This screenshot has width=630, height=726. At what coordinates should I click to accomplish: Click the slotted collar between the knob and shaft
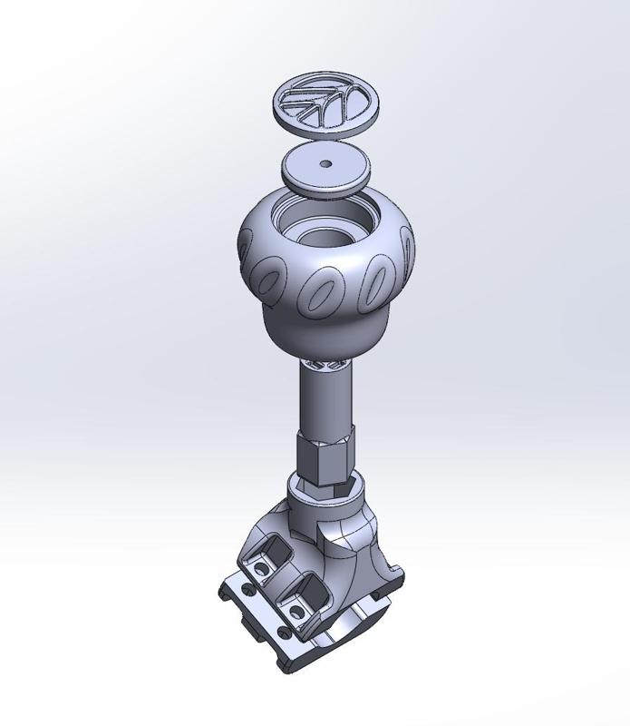[325, 364]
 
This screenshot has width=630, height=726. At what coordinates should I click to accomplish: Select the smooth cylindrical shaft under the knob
[325, 399]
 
